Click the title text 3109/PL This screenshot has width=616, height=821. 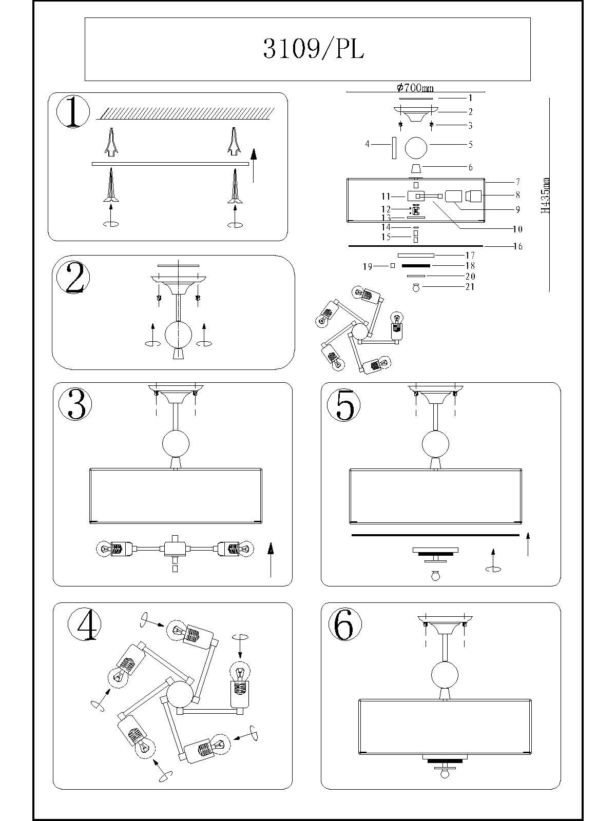pyautogui.click(x=314, y=49)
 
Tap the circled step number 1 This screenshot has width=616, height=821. pyautogui.click(x=73, y=112)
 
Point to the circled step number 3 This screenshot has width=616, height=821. pyautogui.click(x=75, y=403)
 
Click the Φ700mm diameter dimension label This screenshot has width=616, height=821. pyautogui.click(x=415, y=88)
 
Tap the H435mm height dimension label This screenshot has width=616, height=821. pyautogui.click(x=546, y=196)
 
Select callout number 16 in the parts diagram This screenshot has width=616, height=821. pyautogui.click(x=517, y=246)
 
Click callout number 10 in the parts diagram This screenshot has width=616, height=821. pyautogui.click(x=517, y=229)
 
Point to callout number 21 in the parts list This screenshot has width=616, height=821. pyautogui.click(x=470, y=287)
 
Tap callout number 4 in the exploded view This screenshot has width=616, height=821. pyautogui.click(x=367, y=144)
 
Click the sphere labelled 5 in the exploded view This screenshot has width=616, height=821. pyautogui.click(x=416, y=147)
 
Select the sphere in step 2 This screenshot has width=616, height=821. pyautogui.click(x=179, y=335)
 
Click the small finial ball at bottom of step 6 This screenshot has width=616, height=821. pyautogui.click(x=445, y=773)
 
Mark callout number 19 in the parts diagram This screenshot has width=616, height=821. pyautogui.click(x=367, y=266)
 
